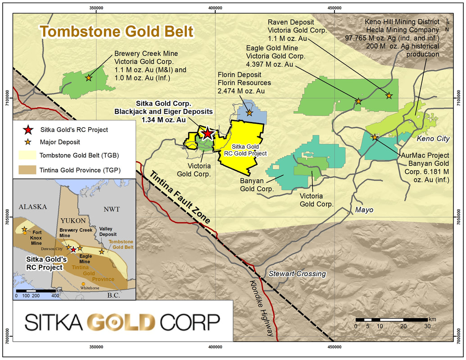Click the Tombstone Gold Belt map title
coord(116,32)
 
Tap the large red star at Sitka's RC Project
coord(207,133)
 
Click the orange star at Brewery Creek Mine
coord(89,78)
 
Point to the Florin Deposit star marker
coord(249,112)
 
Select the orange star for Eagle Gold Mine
coord(358,101)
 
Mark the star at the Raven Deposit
coord(389,95)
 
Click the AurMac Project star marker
coord(374,137)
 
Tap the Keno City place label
coord(433,139)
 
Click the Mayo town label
coord(365,210)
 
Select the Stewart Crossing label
coord(297,274)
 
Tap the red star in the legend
coord(28,130)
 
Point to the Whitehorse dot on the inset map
coord(83,283)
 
